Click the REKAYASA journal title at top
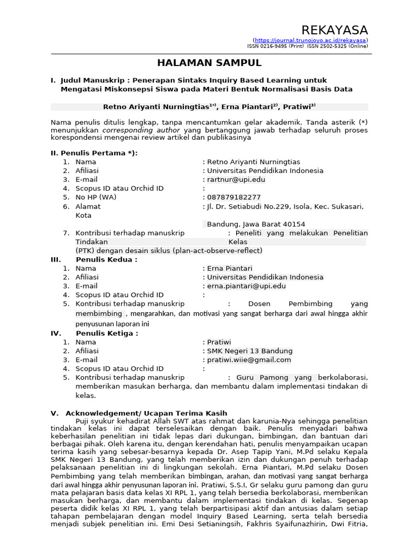[335, 29]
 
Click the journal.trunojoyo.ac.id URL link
[310, 40]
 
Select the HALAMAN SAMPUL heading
[209, 63]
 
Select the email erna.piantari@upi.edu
[246, 286]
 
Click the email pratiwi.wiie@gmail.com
[249, 360]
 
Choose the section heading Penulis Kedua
[106, 259]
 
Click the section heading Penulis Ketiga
[107, 333]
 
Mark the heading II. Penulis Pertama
[94, 153]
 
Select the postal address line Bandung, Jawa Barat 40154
[255, 224]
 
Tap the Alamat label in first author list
[88, 206]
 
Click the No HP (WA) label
[95, 197]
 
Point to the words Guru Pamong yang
[274, 377]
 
